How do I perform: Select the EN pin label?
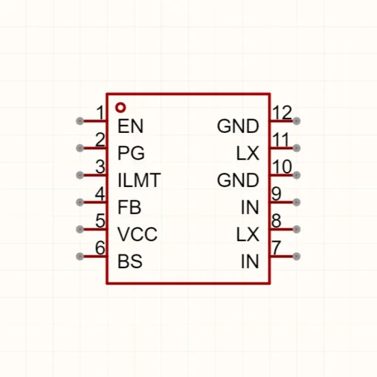tap(130, 126)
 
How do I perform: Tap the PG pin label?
tap(132, 153)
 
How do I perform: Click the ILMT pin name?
tap(139, 180)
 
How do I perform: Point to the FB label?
tap(130, 207)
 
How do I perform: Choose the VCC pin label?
tap(138, 234)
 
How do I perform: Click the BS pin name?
tap(130, 261)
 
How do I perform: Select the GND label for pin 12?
tap(238, 126)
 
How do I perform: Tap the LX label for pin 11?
tap(248, 153)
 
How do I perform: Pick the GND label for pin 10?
tap(238, 180)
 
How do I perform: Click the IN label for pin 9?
tap(250, 207)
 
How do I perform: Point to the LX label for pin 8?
tap(248, 234)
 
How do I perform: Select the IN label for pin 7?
tap(250, 261)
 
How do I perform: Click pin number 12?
tap(282, 112)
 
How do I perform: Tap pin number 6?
tap(100, 247)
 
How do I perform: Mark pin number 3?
tap(100, 167)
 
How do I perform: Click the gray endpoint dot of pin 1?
tap(80, 121)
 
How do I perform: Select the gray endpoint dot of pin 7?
tap(297, 256)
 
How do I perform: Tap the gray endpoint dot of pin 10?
tap(297, 175)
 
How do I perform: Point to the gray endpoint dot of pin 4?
tap(80, 202)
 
